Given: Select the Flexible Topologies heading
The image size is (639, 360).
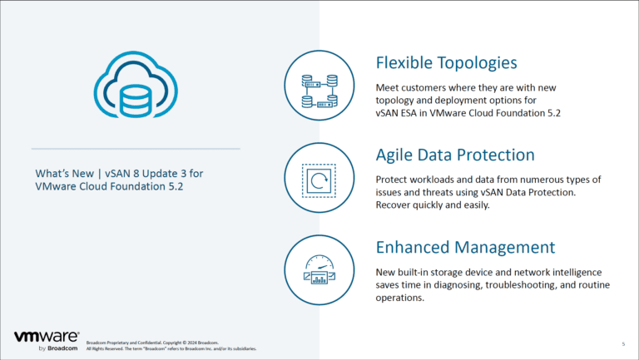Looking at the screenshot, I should point(447,62).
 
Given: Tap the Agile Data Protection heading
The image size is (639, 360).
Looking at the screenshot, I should point(455,155).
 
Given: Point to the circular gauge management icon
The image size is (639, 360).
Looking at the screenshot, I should point(319,271).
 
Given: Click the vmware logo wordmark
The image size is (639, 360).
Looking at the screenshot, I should point(47,337).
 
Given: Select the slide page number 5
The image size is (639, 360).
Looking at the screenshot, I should point(623,343).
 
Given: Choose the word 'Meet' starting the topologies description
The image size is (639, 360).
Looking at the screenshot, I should point(389,87).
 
